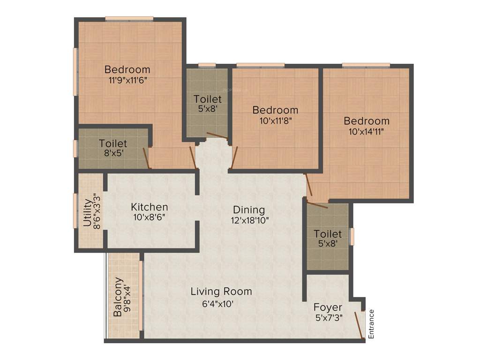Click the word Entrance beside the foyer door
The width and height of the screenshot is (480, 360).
coord(372,324)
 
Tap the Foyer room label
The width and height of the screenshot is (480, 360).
coord(328,308)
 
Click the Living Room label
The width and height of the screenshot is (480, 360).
coord(221,292)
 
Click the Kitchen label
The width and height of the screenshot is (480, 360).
coord(149,207)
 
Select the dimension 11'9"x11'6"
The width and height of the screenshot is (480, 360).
coord(127,80)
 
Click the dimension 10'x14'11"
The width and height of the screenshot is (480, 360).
coord(367,131)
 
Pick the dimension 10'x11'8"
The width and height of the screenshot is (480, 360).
coord(275,120)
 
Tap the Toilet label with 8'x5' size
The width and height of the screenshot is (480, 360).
coord(112,143)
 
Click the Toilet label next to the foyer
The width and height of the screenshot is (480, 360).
coord(328,233)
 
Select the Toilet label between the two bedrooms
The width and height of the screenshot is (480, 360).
coord(208,99)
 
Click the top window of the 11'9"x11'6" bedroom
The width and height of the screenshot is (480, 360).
coord(129,19)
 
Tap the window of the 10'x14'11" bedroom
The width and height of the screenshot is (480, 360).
coord(366,65)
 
